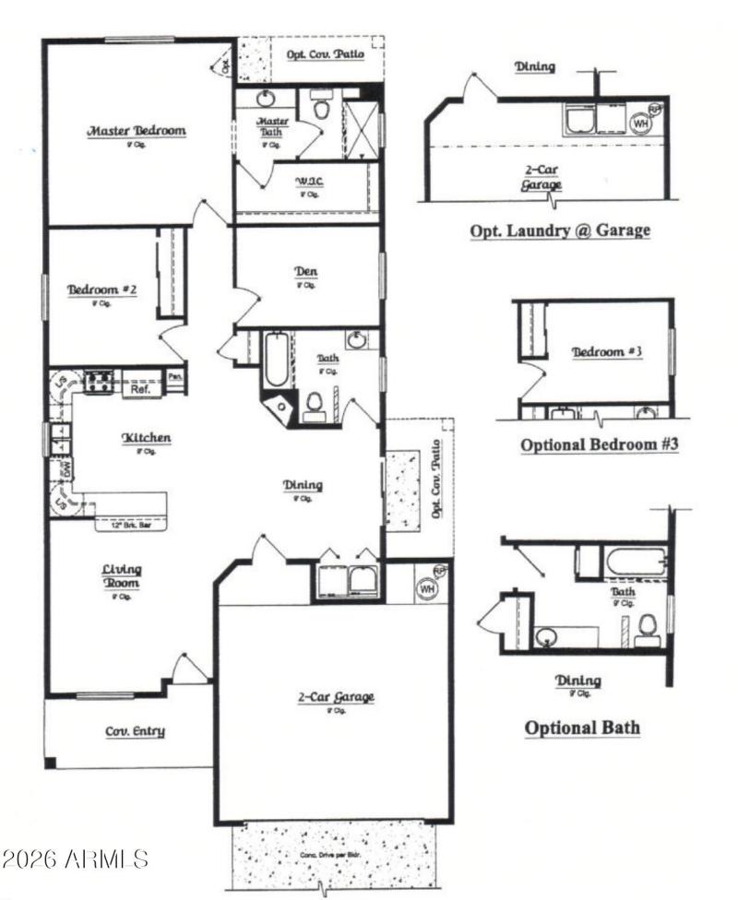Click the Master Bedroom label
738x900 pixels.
pyautogui.click(x=137, y=131)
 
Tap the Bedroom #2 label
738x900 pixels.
pyautogui.click(x=102, y=290)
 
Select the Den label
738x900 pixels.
pyautogui.click(x=306, y=272)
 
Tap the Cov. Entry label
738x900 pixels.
pyautogui.click(x=135, y=731)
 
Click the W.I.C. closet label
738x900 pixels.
pyautogui.click(x=307, y=182)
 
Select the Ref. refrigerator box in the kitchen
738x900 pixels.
pyautogui.click(x=141, y=389)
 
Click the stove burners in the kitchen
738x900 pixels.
pyautogui.click(x=99, y=381)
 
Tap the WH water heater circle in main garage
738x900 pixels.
pyautogui.click(x=428, y=586)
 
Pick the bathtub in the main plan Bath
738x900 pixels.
pyautogui.click(x=274, y=360)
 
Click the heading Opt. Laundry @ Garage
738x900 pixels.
pyautogui.click(x=560, y=230)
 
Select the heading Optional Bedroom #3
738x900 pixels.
pyautogui.click(x=600, y=444)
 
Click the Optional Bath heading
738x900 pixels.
pyautogui.click(x=582, y=728)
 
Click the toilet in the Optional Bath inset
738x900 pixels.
pyautogui.click(x=648, y=627)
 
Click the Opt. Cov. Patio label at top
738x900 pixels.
pyautogui.click(x=325, y=54)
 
